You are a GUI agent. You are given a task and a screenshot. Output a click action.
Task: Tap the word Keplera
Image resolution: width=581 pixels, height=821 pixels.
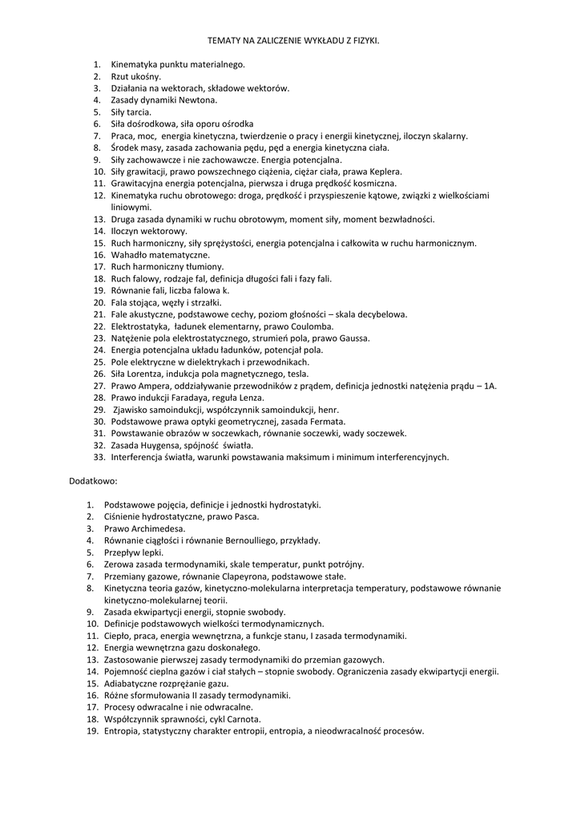(x=384, y=172)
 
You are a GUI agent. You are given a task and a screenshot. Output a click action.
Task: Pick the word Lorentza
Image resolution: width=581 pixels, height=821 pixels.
(x=143, y=374)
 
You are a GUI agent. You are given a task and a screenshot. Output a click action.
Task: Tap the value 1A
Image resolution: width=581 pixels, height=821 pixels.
(x=487, y=386)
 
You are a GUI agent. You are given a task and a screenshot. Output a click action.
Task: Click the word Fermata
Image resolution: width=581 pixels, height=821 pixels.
(x=328, y=421)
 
